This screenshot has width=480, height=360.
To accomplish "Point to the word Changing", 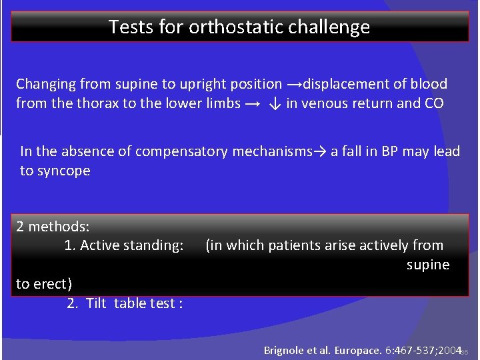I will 45,85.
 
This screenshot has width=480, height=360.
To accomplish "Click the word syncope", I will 64,171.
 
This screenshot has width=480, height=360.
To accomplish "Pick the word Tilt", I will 97,303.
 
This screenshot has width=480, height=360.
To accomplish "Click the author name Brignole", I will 285,350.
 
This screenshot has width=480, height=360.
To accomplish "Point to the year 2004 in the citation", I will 450,350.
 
